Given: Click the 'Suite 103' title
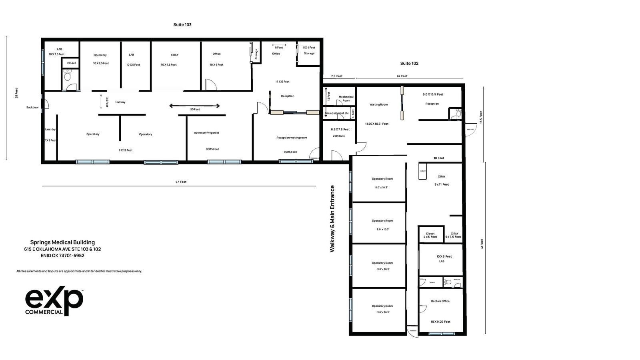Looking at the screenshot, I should (x=182, y=25).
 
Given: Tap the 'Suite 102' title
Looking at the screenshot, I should (x=409, y=63).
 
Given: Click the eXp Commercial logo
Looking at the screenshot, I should (x=54, y=301).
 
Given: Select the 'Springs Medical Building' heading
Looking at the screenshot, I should (x=62, y=242).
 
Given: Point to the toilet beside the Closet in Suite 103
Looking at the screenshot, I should (x=67, y=75).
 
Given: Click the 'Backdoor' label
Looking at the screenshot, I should (x=32, y=107).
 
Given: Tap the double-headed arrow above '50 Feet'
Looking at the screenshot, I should (x=194, y=106).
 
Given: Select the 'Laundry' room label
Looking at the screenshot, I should (x=50, y=129).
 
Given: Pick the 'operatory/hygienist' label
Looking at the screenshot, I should (x=206, y=133).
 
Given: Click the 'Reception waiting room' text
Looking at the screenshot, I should (x=292, y=138).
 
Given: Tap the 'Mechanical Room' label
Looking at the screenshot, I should (x=346, y=98).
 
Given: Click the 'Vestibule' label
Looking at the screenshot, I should (x=338, y=136).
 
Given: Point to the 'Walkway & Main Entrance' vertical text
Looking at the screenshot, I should (x=332, y=218).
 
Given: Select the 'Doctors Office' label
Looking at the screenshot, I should (x=440, y=301).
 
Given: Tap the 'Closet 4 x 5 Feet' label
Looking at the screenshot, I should (x=430, y=235).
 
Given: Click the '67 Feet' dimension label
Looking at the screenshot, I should (x=181, y=182).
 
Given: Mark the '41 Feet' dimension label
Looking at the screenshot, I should (x=482, y=244).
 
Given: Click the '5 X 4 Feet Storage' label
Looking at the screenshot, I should (x=309, y=50).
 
